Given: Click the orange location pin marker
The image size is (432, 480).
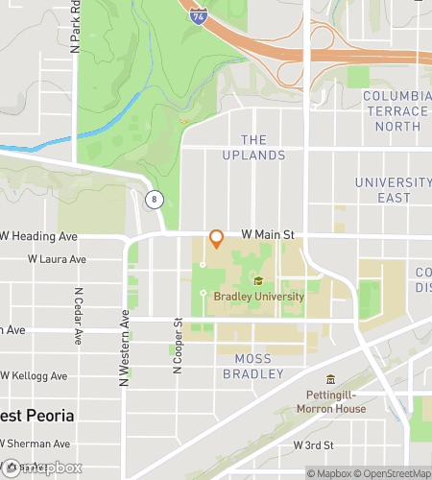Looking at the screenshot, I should point(216,238).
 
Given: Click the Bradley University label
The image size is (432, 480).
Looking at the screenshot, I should point(258,297).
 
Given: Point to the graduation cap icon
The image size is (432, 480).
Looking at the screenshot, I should point(257,281).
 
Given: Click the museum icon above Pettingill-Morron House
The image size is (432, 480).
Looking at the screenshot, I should point(330,379).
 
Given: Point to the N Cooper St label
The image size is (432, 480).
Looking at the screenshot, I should point(178,346).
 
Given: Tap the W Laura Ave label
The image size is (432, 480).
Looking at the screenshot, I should point(57,259).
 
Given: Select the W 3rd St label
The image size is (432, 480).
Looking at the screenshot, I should point(313,445).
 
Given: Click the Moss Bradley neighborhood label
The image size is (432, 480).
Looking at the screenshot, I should point(253,366).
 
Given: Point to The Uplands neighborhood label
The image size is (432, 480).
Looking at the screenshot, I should point(253,147).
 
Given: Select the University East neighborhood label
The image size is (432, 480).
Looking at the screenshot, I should point(395,190).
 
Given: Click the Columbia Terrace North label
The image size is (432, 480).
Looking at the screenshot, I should point(395,111).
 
